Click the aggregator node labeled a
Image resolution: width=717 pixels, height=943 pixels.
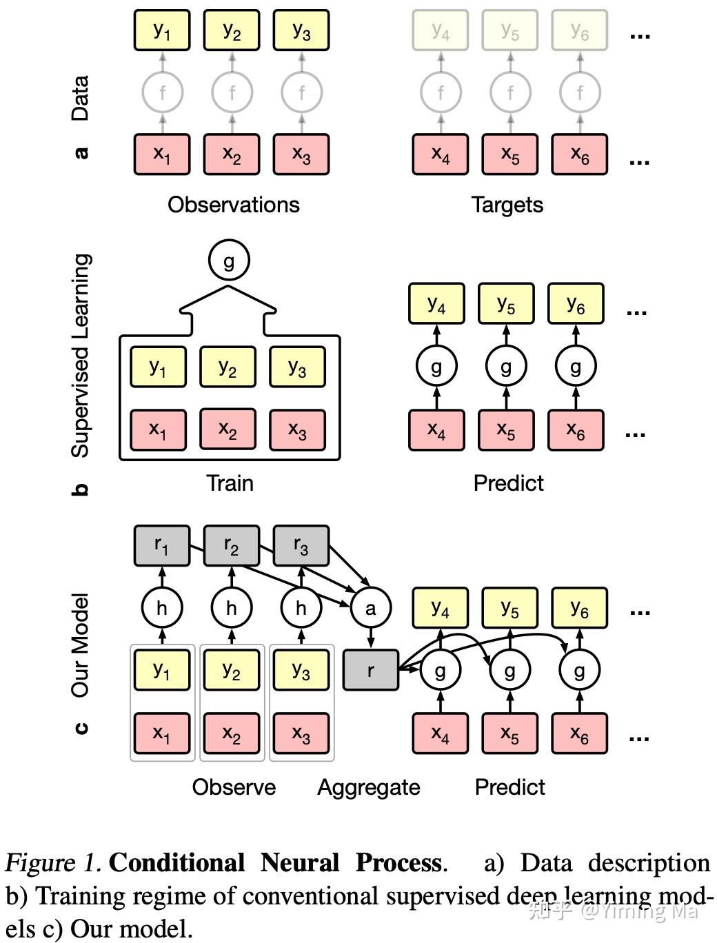(371, 607)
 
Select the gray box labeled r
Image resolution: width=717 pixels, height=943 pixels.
(371, 669)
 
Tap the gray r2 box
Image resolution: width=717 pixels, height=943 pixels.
(232, 546)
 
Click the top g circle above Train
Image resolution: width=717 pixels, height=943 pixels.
(228, 261)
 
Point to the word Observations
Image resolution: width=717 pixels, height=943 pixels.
(234, 205)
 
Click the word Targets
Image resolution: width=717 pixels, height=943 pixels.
(507, 205)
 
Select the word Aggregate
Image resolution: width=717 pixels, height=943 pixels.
(369, 787)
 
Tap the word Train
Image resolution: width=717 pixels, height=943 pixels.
(230, 483)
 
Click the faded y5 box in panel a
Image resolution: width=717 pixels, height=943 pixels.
(510, 30)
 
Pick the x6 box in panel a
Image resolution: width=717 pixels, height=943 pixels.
(580, 154)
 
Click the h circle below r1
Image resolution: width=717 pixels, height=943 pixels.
(162, 607)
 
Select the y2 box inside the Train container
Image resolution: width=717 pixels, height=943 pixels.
(228, 367)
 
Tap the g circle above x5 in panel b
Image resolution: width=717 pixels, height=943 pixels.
(506, 366)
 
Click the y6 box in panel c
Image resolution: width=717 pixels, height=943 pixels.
(580, 607)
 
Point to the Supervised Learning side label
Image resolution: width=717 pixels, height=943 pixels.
(81, 355)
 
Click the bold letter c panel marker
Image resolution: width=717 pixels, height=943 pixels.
(81, 728)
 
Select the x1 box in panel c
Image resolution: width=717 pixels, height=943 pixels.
(162, 732)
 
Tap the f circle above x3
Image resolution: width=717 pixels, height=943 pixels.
(301, 92)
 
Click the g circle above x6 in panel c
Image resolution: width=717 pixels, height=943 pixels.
(579, 670)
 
